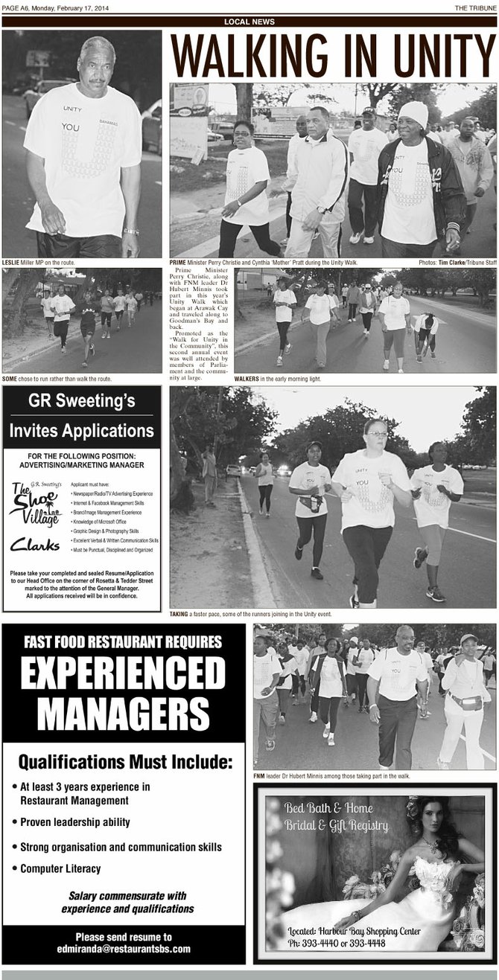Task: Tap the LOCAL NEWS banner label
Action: [249, 22]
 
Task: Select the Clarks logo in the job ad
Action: [34, 545]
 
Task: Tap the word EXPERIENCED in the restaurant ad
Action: [123, 675]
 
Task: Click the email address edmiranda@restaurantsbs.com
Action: [123, 949]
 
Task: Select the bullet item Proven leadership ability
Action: [74, 822]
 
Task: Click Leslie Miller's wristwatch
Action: [131, 231]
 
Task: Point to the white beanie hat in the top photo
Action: [413, 113]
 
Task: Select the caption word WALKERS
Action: [247, 379]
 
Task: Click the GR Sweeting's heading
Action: [81, 402]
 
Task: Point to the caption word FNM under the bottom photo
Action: [259, 775]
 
